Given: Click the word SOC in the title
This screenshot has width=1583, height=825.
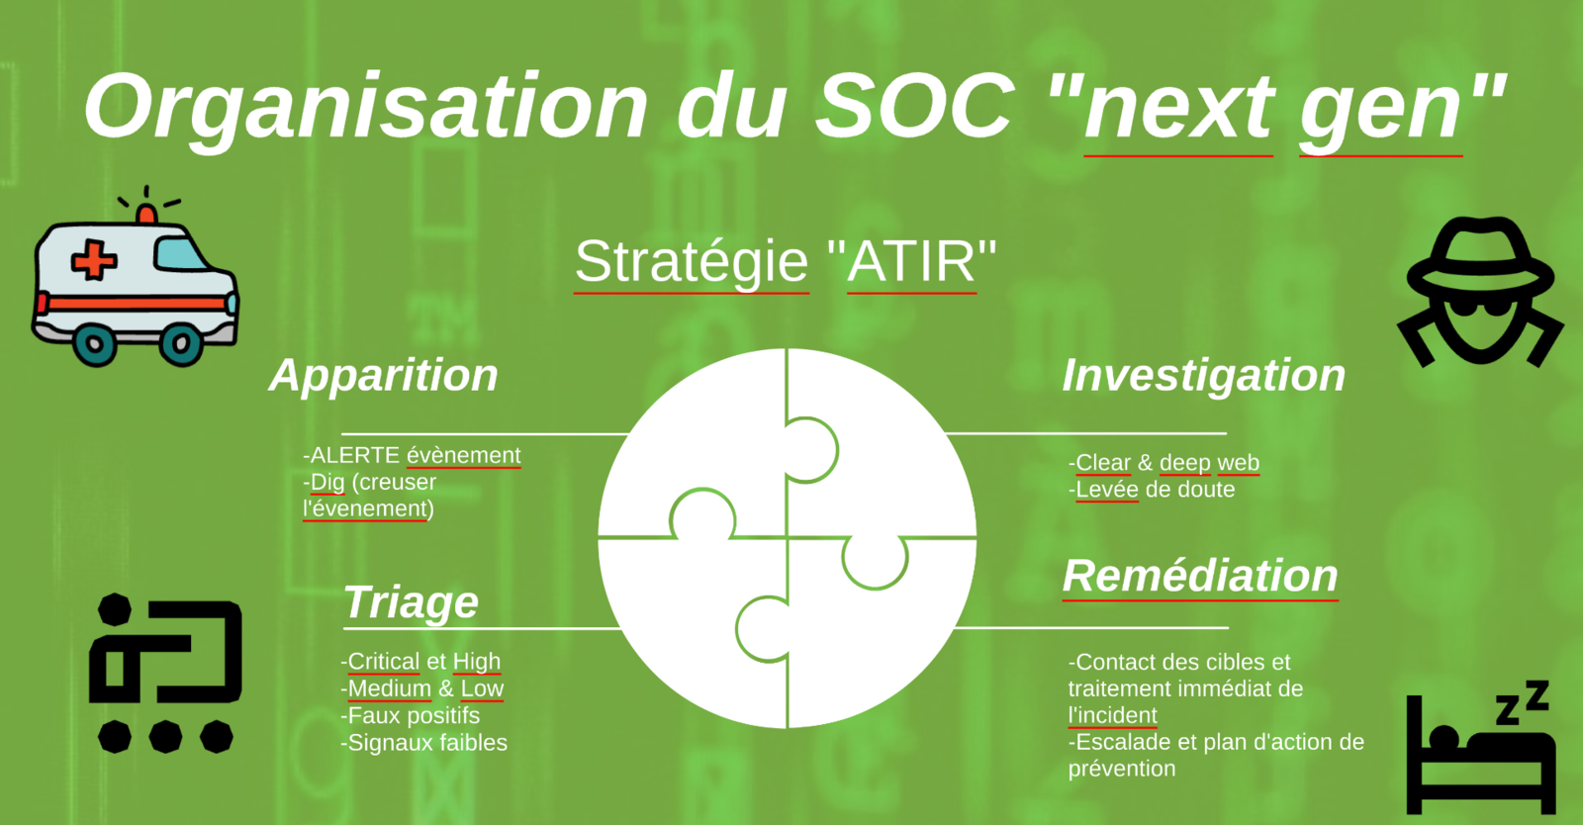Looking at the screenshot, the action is click(x=915, y=107).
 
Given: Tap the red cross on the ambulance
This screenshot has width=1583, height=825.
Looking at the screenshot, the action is click(x=93, y=260).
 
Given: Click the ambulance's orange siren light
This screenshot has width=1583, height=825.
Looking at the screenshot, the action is click(x=146, y=214).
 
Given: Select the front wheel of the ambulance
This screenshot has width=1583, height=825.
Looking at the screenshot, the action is click(x=182, y=344).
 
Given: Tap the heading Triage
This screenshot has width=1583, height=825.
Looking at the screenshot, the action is click(x=412, y=602).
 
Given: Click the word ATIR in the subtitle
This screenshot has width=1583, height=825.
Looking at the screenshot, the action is click(x=911, y=262).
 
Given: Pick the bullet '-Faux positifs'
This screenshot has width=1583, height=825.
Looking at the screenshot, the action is click(x=410, y=715).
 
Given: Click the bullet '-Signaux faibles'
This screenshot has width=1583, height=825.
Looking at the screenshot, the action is click(x=424, y=742).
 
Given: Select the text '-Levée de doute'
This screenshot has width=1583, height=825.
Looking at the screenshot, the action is click(x=1152, y=489).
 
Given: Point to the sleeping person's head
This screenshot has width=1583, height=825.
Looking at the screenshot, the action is click(x=1443, y=737).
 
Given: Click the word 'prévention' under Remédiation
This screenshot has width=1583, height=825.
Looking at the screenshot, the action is click(x=1122, y=769).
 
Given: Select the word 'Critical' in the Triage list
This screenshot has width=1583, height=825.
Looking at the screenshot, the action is click(x=384, y=661).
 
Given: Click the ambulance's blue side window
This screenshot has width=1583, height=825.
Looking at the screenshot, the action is click(x=180, y=254).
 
